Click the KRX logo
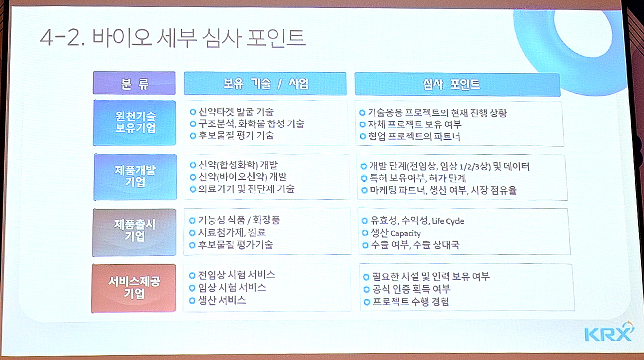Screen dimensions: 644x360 609,333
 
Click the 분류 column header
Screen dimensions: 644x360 134,83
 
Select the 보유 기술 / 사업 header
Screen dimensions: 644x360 265,83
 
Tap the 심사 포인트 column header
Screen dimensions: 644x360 457,84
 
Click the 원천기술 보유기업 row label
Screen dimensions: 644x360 134,123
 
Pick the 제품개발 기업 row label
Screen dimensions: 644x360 135,177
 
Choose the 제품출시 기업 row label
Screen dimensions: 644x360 134,232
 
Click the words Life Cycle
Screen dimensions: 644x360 448,221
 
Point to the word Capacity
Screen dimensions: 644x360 405,233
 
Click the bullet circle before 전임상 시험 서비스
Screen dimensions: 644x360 192,276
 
